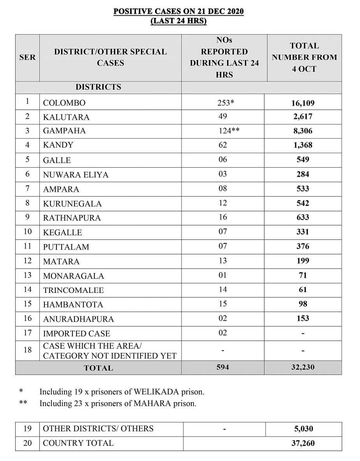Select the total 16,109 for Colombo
tap(303, 103)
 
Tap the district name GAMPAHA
tap(64, 131)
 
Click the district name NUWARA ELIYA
tap(76, 175)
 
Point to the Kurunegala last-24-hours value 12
tap(223, 203)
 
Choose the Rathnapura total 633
tap(303, 218)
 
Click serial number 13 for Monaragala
tap(27, 275)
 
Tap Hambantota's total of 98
tap(303, 304)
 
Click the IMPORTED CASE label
tap(76, 334)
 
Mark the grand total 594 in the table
tap(223, 367)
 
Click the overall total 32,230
tap(303, 367)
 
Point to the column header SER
tap(27, 57)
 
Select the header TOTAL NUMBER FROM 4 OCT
tap(304, 57)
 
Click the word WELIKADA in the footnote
tap(152, 391)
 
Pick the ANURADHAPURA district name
tap(78, 319)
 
